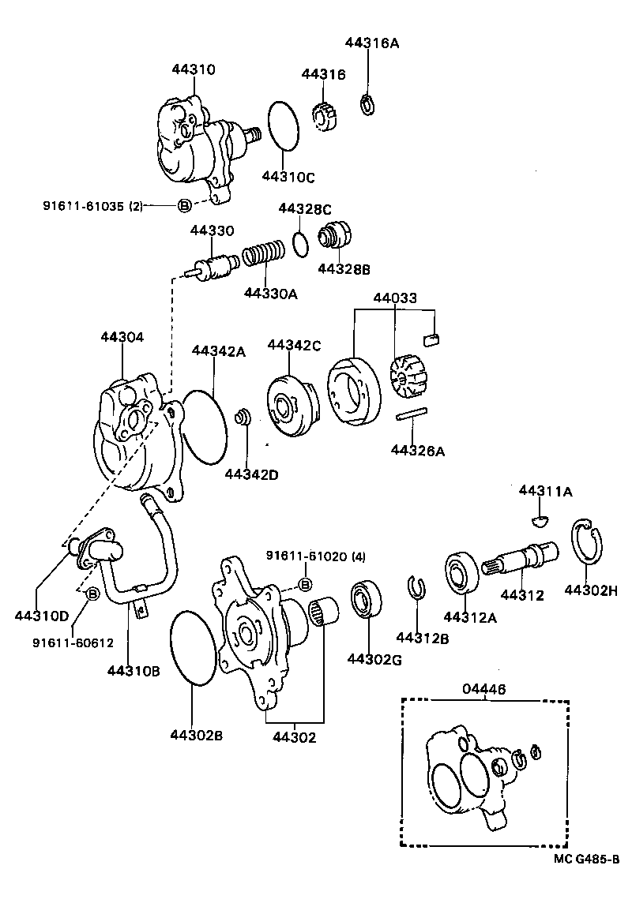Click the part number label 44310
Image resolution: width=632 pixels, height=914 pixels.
pos(193,69)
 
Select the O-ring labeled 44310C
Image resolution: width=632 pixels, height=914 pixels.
pos(284,125)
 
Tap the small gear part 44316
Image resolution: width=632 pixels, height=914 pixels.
pos(325,118)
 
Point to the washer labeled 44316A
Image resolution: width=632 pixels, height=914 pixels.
pos(367,103)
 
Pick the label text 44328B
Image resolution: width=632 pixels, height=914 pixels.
pos(344,269)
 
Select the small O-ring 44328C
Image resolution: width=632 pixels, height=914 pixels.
pos(299,243)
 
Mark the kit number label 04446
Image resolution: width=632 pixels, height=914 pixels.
pos(483,688)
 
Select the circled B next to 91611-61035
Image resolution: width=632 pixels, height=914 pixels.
pos(183,205)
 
